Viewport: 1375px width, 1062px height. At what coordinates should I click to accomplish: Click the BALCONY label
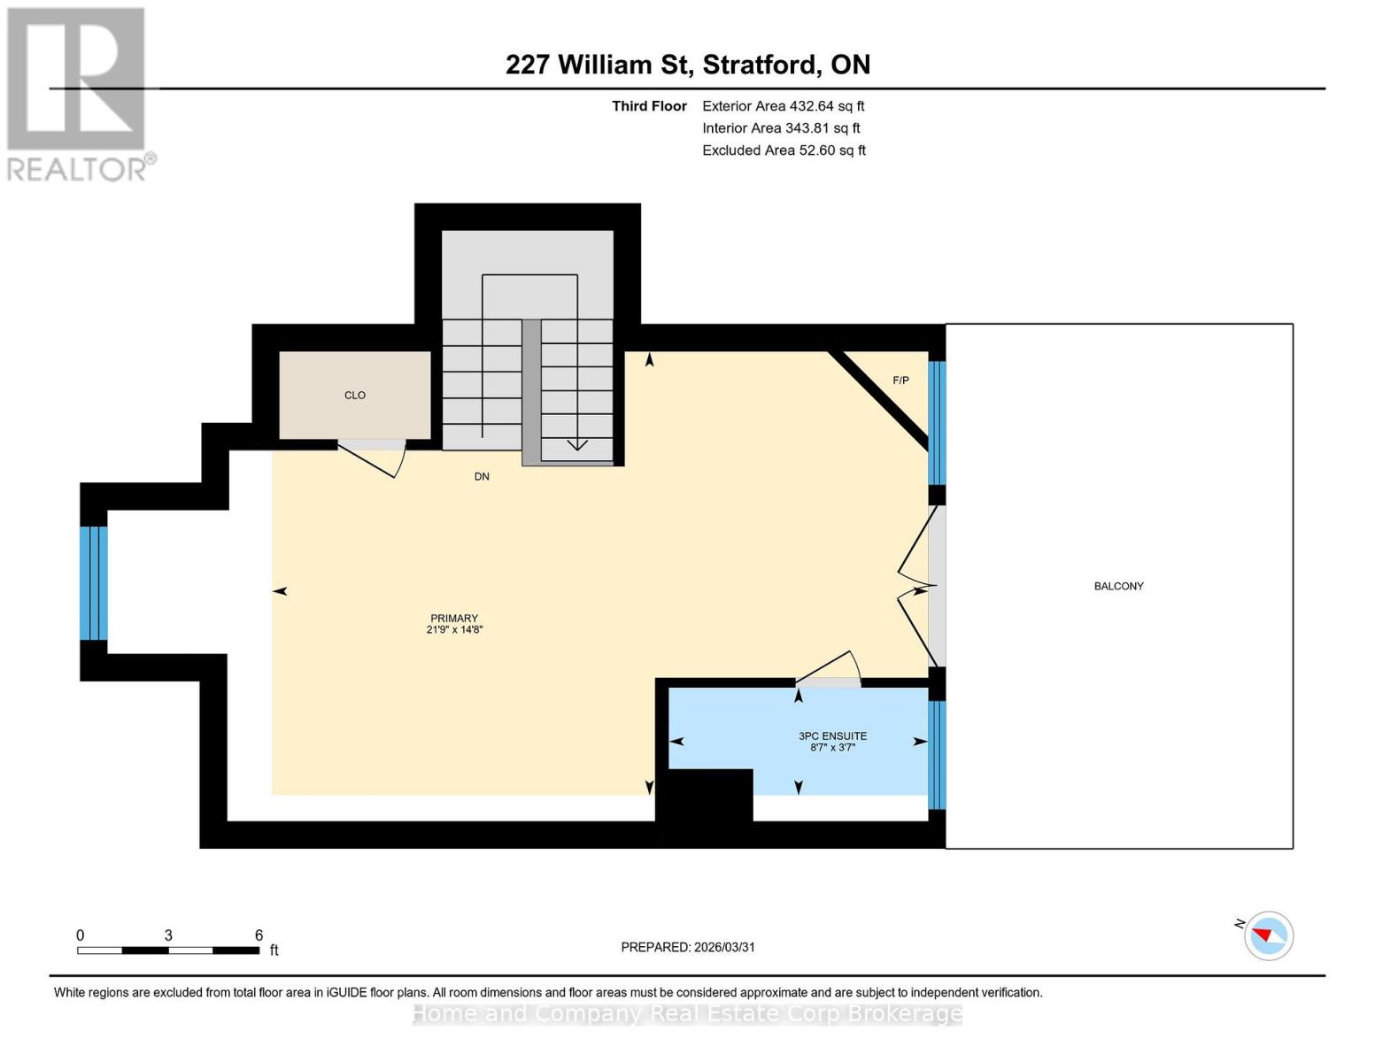(x=1118, y=586)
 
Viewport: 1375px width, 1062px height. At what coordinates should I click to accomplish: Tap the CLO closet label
(x=355, y=396)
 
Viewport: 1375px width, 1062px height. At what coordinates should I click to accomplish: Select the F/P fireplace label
(x=900, y=381)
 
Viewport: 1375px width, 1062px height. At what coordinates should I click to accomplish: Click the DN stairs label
(x=482, y=476)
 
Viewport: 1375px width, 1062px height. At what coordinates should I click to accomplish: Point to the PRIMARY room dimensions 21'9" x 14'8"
(x=454, y=630)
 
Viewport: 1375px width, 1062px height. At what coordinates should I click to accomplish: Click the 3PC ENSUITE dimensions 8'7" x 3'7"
(x=832, y=748)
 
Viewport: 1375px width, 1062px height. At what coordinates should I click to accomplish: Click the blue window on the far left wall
(x=94, y=582)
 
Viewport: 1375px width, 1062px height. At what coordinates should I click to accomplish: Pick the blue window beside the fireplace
(x=937, y=422)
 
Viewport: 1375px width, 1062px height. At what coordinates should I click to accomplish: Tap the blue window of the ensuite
(x=937, y=755)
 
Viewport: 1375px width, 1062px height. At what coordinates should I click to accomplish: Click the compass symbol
(x=1268, y=935)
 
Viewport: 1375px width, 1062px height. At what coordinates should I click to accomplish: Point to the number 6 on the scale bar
(x=259, y=935)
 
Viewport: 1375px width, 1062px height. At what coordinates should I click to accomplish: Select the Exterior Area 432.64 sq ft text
(x=783, y=106)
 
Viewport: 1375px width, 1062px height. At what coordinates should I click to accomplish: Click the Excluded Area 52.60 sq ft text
(x=784, y=150)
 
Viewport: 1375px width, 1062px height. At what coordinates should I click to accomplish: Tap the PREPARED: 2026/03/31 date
(x=688, y=947)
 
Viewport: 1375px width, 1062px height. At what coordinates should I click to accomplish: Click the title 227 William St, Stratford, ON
(x=687, y=65)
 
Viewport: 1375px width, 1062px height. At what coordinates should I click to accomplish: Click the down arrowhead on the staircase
(x=577, y=444)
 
